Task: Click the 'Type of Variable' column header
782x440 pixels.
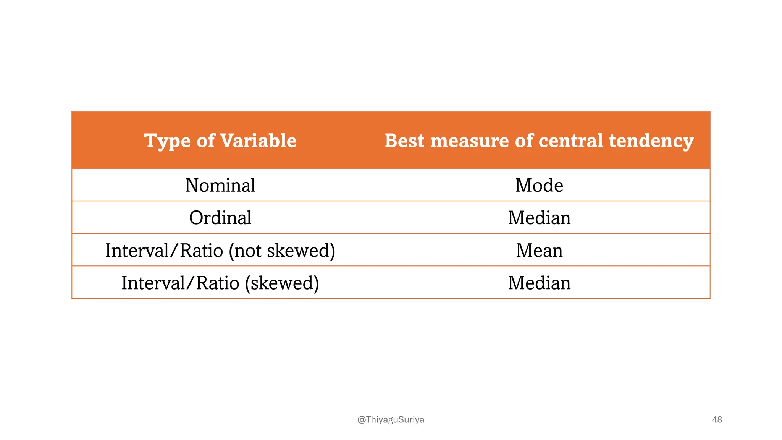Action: pyautogui.click(x=220, y=141)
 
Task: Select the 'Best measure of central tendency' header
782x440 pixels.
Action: pyautogui.click(x=539, y=141)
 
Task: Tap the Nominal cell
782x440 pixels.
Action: pyautogui.click(x=220, y=185)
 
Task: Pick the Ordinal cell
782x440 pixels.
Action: pyautogui.click(x=220, y=218)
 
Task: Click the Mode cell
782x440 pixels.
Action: pyautogui.click(x=539, y=185)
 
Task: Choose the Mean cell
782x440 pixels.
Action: pyautogui.click(x=539, y=251)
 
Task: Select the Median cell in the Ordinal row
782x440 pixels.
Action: pyautogui.click(x=539, y=218)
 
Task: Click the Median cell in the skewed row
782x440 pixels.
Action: pyautogui.click(x=539, y=283)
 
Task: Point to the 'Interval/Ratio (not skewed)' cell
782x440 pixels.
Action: pyautogui.click(x=220, y=251)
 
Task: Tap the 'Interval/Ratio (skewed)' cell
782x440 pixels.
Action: pyautogui.click(x=220, y=283)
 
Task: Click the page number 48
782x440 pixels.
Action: pyautogui.click(x=717, y=419)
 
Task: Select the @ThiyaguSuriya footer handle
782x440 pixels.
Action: pyautogui.click(x=391, y=419)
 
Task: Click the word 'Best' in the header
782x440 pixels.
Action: pyautogui.click(x=404, y=141)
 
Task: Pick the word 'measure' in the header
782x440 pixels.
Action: pyautogui.click(x=469, y=141)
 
